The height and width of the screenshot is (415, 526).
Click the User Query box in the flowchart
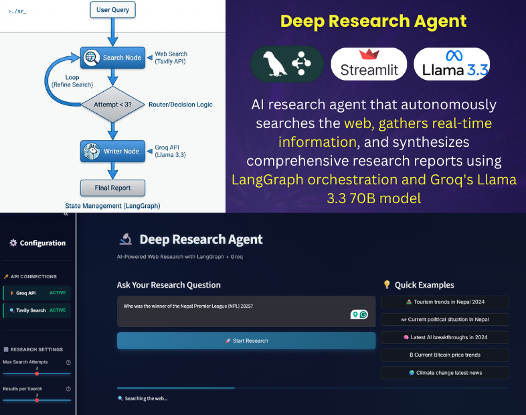(x=112, y=9)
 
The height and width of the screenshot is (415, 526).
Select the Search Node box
(x=112, y=58)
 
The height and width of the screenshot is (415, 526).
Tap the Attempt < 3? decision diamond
(x=112, y=105)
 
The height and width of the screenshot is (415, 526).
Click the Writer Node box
(x=112, y=152)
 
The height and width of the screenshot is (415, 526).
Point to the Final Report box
(x=112, y=188)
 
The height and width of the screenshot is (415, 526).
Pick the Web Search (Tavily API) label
(x=171, y=58)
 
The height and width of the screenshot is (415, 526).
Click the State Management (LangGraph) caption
(x=112, y=205)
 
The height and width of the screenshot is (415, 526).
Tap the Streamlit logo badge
(x=369, y=64)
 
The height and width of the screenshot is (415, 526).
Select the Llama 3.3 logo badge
(x=452, y=64)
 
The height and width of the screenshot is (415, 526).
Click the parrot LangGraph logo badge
(x=287, y=64)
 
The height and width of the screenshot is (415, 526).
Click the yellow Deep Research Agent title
(x=373, y=20)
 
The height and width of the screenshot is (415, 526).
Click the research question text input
(x=246, y=311)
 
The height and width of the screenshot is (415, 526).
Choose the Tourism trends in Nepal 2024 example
(x=444, y=302)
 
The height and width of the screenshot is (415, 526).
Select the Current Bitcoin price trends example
(x=444, y=355)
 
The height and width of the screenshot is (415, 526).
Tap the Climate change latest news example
(x=444, y=372)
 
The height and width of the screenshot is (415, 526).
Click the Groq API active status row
(x=37, y=293)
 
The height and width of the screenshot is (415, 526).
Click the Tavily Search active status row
(x=37, y=310)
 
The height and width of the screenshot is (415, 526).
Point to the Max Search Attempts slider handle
(x=37, y=373)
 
